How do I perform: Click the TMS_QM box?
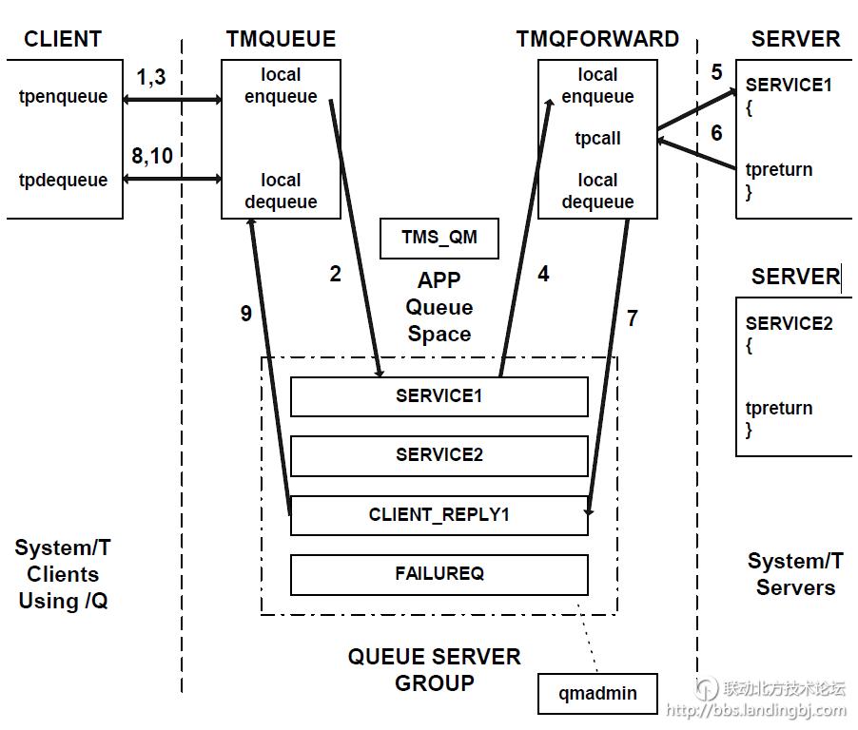[439, 238]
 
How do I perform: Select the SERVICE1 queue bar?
[439, 396]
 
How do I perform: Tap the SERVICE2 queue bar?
[439, 455]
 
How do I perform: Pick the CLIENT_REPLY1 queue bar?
[439, 515]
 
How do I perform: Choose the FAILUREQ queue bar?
[439, 574]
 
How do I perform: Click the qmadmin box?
[597, 693]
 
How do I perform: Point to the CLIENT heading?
[63, 39]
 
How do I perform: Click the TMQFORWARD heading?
[597, 39]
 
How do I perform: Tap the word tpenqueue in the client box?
[63, 96]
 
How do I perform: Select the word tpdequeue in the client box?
[63, 180]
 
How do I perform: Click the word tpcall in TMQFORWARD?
[597, 138]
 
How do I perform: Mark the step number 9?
[246, 313]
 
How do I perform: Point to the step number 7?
[633, 318]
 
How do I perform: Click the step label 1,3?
[150, 77]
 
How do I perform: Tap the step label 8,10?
[152, 156]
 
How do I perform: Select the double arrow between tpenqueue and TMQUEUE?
[171, 98]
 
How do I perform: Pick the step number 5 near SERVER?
[716, 72]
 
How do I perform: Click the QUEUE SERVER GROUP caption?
[434, 669]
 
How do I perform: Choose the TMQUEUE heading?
[281, 39]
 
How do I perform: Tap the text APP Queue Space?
[439, 307]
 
